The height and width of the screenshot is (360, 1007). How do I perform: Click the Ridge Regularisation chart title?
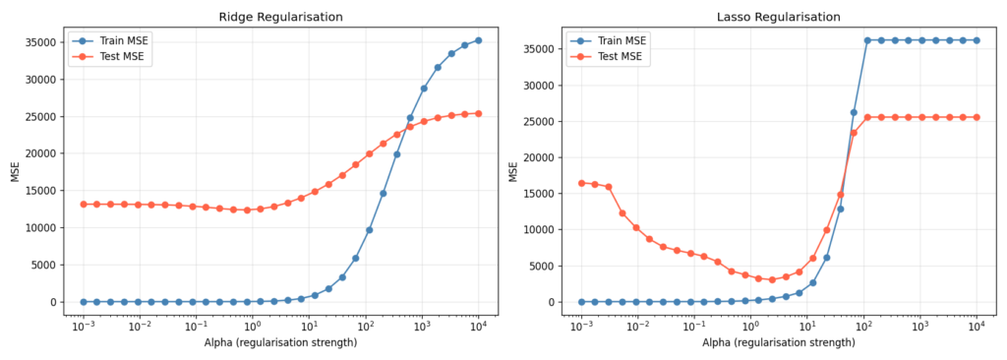[x=280, y=17]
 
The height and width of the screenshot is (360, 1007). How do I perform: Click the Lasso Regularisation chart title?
[x=779, y=17]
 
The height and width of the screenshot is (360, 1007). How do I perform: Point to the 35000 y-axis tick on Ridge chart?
[x=48, y=43]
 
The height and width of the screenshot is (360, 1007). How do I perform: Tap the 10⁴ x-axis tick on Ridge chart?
[x=478, y=326]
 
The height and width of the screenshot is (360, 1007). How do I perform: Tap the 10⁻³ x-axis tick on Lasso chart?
[x=581, y=326]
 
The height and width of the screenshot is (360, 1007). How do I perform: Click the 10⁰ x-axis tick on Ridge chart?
[x=253, y=326]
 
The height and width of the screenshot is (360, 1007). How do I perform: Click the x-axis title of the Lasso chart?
[x=779, y=342]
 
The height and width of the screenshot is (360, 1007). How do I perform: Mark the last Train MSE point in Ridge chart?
[x=478, y=40]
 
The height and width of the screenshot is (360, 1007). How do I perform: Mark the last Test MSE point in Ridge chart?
[x=478, y=113]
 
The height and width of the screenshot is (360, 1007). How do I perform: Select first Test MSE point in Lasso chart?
[x=581, y=183]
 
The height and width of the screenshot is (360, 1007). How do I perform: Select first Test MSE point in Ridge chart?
[x=84, y=204]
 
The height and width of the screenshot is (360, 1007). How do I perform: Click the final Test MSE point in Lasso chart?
[x=977, y=117]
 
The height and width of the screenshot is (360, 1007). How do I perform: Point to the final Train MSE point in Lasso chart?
[x=977, y=40]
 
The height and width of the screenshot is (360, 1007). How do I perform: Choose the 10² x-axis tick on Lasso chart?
[x=863, y=326]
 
